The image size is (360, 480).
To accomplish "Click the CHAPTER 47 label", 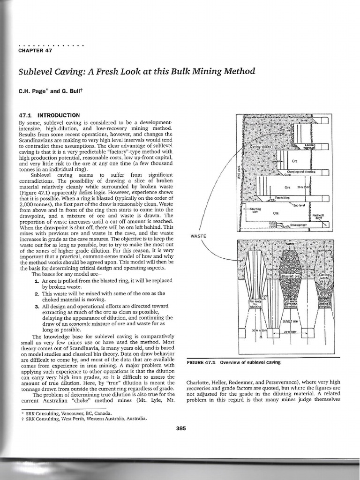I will click(35, 51).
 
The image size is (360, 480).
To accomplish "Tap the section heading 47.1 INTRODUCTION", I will click(49, 115).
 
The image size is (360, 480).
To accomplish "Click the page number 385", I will click(181, 427).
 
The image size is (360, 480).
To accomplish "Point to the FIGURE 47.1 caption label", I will click(204, 362).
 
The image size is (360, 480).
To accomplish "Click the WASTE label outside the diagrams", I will click(199, 236).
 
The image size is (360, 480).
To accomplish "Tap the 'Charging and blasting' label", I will click(301, 172).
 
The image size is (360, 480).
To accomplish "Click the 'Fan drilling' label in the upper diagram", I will click(283, 197).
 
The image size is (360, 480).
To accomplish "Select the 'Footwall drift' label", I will click(318, 217).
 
